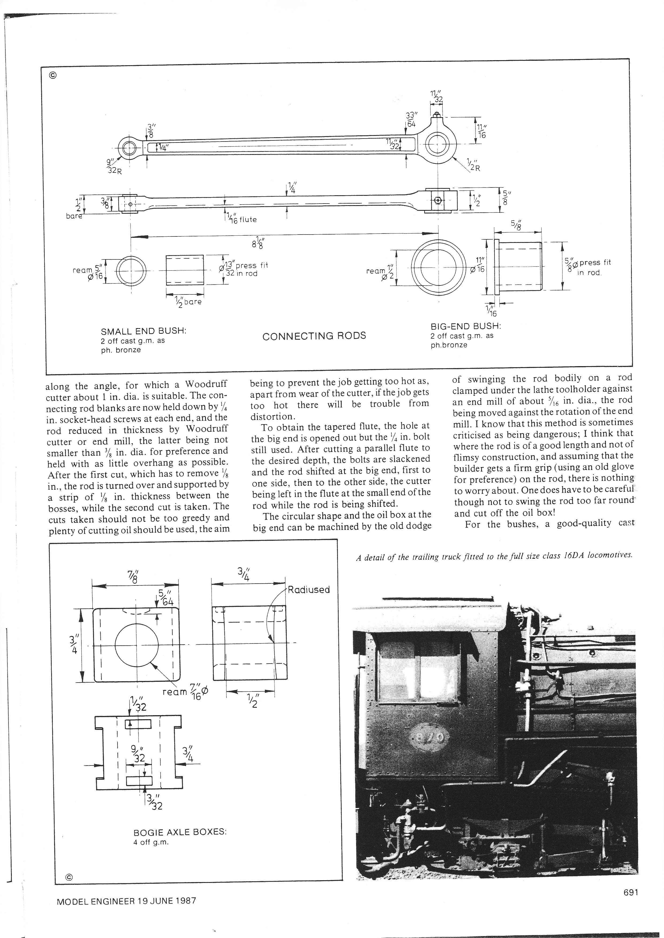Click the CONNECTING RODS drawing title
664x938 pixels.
314,336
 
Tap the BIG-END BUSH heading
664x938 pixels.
466,326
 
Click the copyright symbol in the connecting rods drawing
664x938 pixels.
53,75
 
